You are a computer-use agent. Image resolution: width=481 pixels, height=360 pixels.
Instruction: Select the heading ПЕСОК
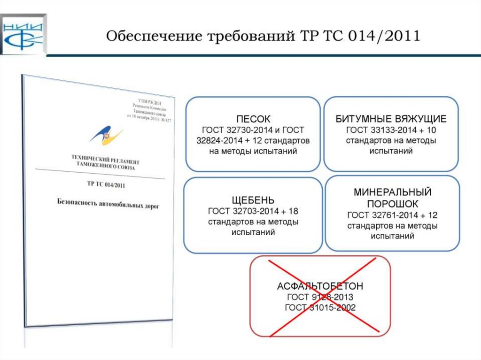click(253, 119)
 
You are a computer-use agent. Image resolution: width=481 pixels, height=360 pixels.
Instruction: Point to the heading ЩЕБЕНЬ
click(253, 200)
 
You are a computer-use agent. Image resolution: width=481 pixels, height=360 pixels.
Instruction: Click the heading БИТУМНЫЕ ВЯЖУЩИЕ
click(391, 119)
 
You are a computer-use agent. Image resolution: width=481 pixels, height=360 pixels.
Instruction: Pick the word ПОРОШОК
click(392, 205)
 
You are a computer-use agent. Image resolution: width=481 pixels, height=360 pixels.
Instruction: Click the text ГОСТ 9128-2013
click(320, 298)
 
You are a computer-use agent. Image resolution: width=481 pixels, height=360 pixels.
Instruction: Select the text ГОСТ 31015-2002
click(320, 308)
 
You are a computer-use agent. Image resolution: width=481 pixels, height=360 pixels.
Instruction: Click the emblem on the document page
click(106, 135)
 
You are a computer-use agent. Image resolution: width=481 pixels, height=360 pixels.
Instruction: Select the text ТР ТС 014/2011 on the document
click(106, 184)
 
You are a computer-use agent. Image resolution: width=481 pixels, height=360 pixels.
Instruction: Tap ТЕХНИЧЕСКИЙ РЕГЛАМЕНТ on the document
click(105, 159)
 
